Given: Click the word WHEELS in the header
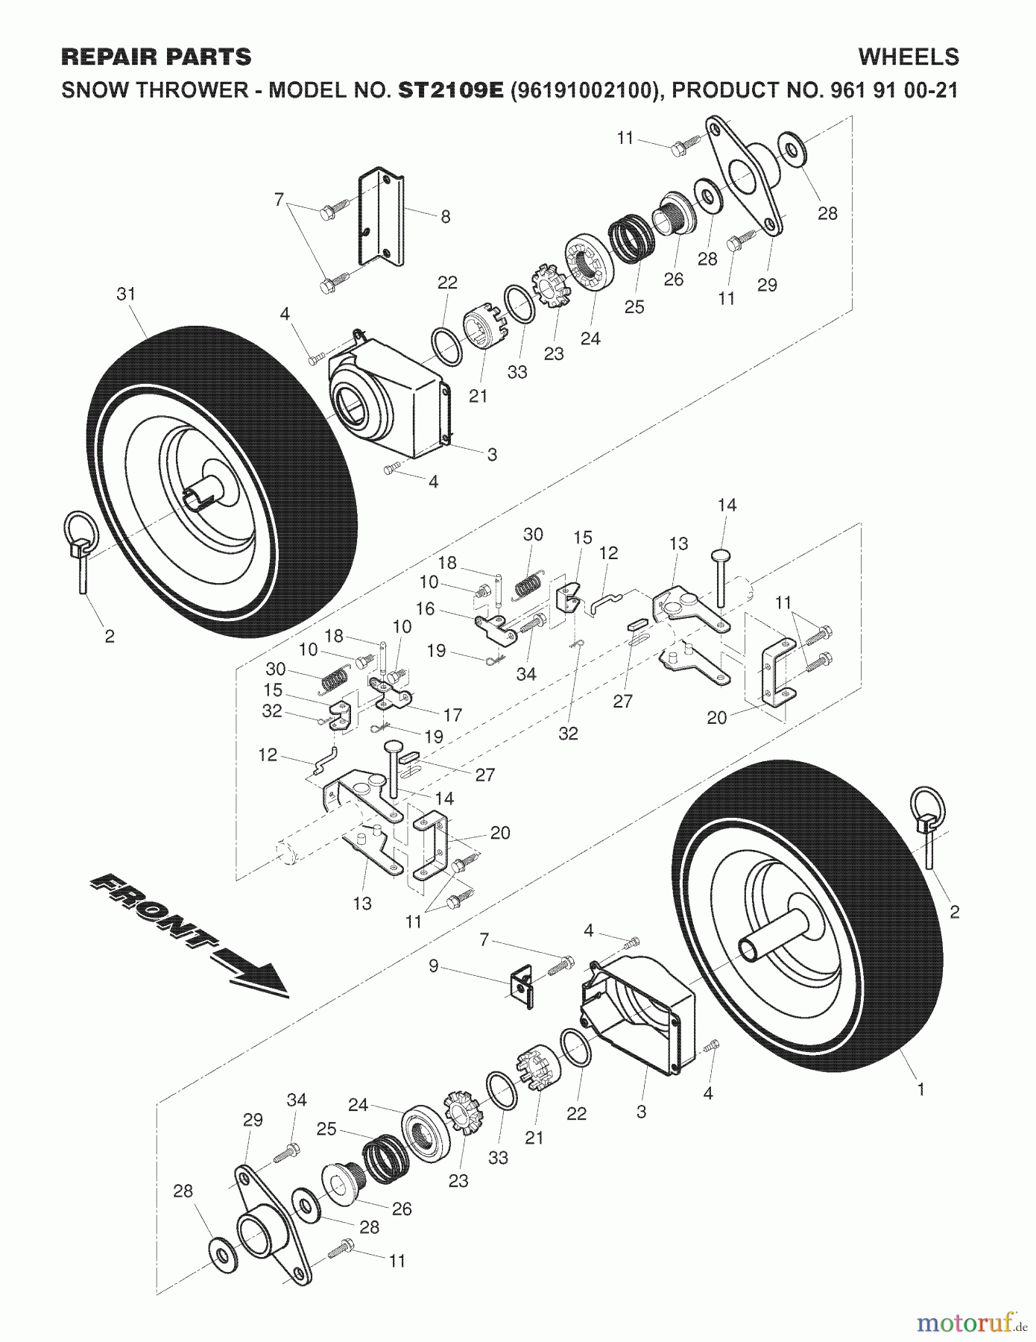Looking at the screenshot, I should (908, 57).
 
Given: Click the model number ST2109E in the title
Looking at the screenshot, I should (452, 91).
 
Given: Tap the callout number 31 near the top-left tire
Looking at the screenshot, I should (126, 294).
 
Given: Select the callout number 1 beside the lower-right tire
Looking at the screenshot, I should (920, 1089).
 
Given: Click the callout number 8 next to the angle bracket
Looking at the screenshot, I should (446, 217).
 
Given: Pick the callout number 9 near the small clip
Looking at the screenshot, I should (433, 968).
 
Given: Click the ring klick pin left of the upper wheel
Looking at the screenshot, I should (80, 547).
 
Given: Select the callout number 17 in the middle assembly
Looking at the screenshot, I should (452, 714).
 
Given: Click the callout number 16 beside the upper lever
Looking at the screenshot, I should (425, 608).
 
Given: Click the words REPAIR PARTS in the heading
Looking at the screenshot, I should (156, 57).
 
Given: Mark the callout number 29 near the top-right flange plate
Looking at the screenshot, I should (767, 284).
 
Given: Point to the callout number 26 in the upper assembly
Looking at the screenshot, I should (673, 279).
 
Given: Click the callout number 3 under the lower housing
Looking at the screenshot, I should (641, 1112).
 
